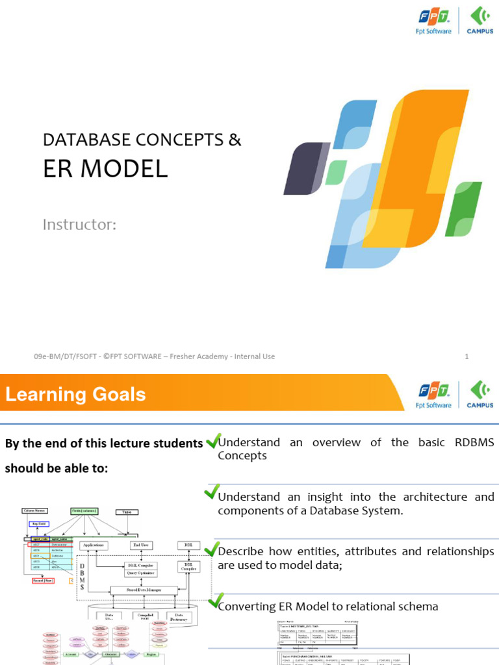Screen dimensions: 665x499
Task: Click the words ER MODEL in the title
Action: [x=105, y=169]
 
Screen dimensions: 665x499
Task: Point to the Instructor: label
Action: [x=79, y=225]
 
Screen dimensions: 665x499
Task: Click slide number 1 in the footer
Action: [x=467, y=357]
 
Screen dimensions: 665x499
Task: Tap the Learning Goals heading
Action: [x=76, y=394]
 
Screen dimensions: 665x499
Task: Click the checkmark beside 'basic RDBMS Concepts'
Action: [x=212, y=441]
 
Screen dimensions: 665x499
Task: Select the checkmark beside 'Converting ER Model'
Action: [x=216, y=600]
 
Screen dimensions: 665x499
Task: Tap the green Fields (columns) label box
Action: [x=85, y=511]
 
